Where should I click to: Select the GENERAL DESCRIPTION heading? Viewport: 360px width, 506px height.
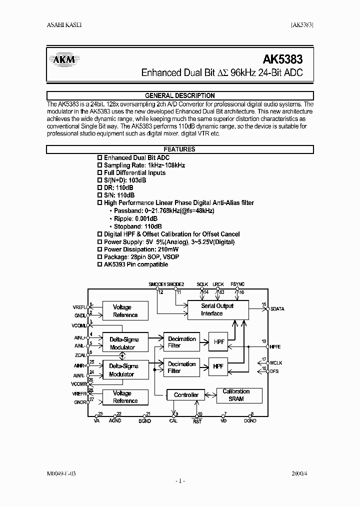pyautogui.click(x=180, y=95)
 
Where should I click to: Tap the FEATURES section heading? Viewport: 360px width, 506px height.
pyautogui.click(x=179, y=149)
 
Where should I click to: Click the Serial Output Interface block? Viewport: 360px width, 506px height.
pyautogui.click(x=217, y=309)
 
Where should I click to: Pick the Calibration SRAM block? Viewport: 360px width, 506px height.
pyautogui.click(x=236, y=395)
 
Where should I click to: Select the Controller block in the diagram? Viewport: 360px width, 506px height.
pyautogui.click(x=186, y=395)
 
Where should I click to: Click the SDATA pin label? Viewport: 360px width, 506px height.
pyautogui.click(x=276, y=309)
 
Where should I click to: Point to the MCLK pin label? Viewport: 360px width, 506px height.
pyautogui.click(x=276, y=362)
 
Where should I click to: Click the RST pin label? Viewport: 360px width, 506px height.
pyautogui.click(x=197, y=421)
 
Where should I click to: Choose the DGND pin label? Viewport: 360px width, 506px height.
pyautogui.click(x=250, y=421)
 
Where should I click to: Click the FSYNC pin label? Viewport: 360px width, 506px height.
pyautogui.click(x=237, y=284)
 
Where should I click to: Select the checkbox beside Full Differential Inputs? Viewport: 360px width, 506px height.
pyautogui.click(x=99, y=173)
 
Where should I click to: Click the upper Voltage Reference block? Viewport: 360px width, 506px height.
pyautogui.click(x=125, y=311)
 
